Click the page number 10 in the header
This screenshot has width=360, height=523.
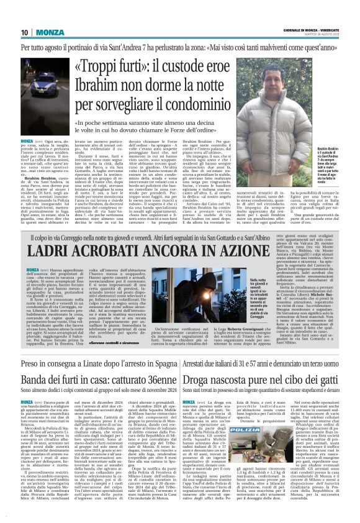point(25,32)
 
